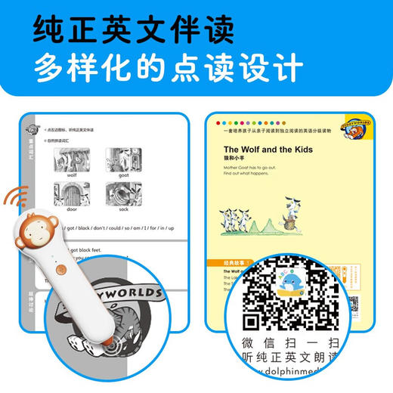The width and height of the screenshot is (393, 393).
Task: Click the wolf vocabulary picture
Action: coord(72,161)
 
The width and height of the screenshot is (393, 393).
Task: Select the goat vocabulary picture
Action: coord(122,161)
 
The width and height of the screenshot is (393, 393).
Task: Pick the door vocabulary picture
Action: coord(72,195)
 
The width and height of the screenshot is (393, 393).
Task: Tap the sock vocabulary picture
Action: coord(122,195)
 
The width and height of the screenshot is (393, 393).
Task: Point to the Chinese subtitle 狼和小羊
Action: coord(235,161)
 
